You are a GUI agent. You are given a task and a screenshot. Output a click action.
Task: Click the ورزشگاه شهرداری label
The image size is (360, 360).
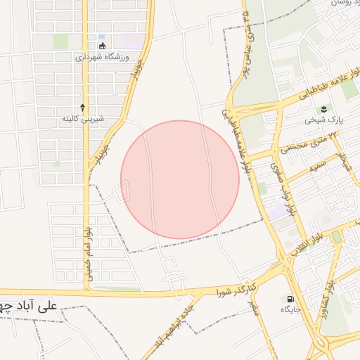[103, 57]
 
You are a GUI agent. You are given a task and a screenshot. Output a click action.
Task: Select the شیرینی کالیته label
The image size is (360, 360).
[84, 119]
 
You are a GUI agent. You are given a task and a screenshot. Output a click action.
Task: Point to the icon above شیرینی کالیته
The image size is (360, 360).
[84, 108]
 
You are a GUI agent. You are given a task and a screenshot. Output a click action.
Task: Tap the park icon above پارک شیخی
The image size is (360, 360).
[323, 108]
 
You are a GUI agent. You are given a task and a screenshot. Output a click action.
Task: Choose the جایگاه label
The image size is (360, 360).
[291, 309]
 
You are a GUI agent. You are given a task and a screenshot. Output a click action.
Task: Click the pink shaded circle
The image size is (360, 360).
[180, 179]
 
